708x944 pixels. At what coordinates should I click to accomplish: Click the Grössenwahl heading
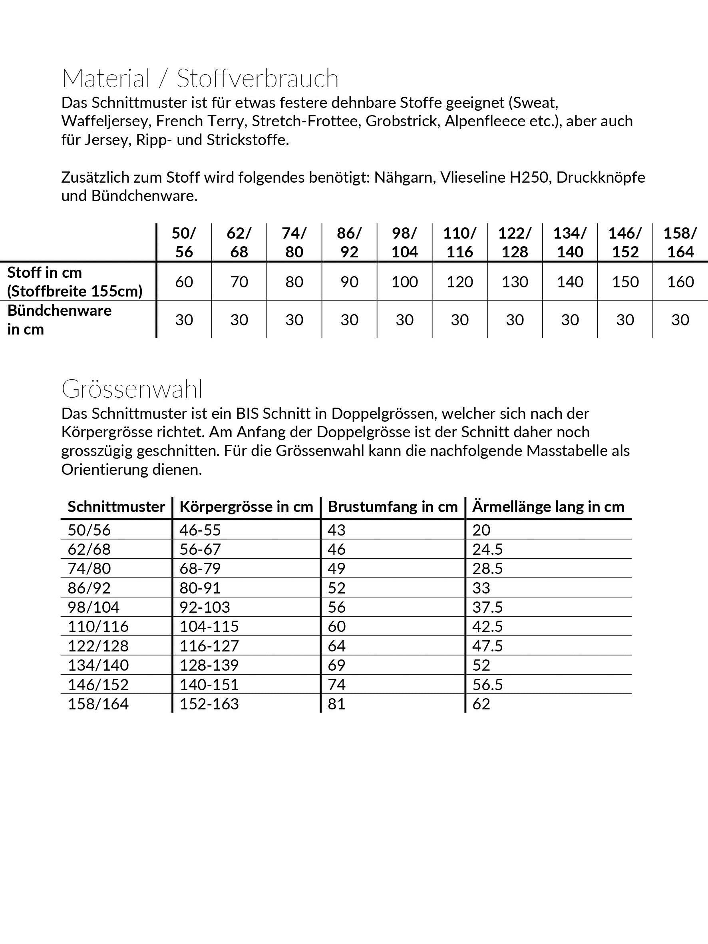click(x=132, y=389)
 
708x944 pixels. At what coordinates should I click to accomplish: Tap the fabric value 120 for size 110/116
click(x=459, y=282)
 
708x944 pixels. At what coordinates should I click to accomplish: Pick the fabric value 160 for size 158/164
click(x=680, y=282)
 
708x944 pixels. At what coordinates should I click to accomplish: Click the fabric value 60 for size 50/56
click(x=184, y=282)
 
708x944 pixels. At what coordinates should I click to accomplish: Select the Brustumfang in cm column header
click(x=393, y=506)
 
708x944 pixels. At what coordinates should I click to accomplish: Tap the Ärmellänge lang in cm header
click(x=548, y=506)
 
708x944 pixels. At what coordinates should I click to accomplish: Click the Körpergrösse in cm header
click(x=246, y=506)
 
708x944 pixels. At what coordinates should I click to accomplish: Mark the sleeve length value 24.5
click(x=487, y=549)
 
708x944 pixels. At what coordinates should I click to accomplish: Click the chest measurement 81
click(x=336, y=704)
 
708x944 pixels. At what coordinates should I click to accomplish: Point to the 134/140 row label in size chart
click(x=98, y=665)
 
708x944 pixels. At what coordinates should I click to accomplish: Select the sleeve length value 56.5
click(x=487, y=685)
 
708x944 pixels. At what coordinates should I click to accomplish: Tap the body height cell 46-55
click(x=200, y=530)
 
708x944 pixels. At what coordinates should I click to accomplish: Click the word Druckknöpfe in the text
click(x=601, y=177)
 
